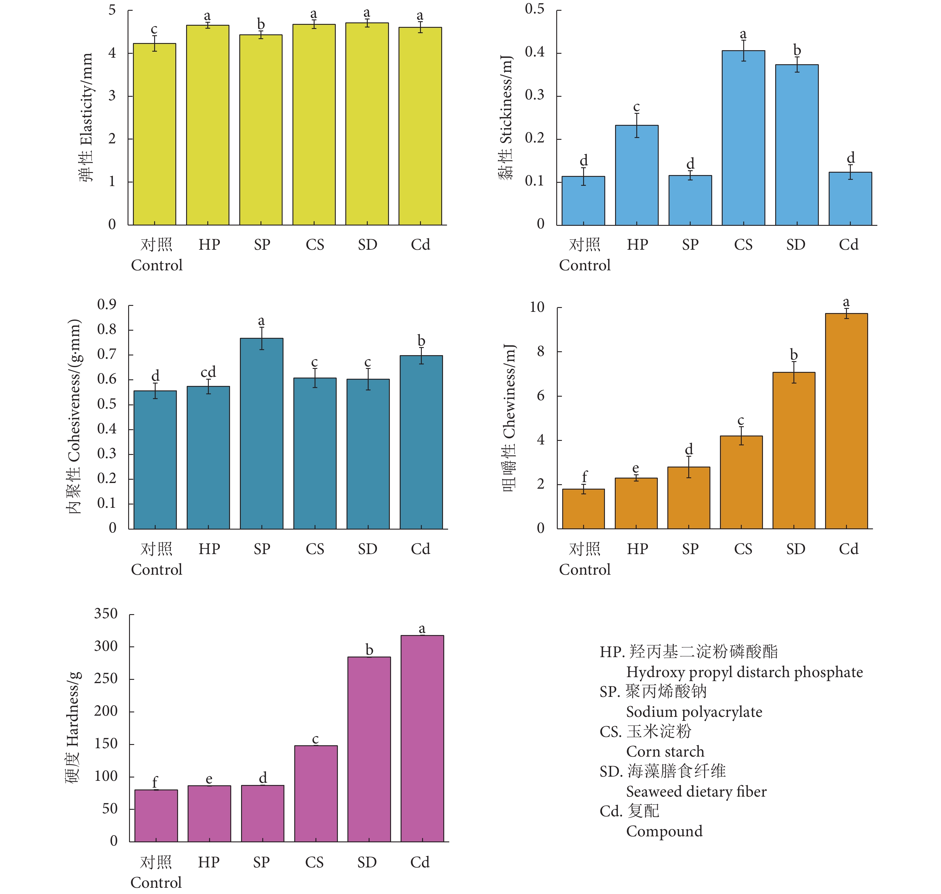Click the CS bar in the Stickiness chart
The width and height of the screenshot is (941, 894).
coord(743,138)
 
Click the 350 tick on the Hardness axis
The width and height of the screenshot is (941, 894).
coord(106,614)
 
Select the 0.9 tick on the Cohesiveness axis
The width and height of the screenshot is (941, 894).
coord(107,304)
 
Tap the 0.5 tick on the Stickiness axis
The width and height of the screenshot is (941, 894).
coord(534,10)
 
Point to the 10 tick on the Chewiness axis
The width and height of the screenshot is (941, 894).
coord(537,307)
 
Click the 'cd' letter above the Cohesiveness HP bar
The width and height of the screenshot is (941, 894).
coord(208,372)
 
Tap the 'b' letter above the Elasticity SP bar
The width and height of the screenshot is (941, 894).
coord(261,24)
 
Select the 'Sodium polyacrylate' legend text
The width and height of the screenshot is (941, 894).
coord(694,712)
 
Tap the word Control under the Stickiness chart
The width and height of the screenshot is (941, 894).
coord(584,266)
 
